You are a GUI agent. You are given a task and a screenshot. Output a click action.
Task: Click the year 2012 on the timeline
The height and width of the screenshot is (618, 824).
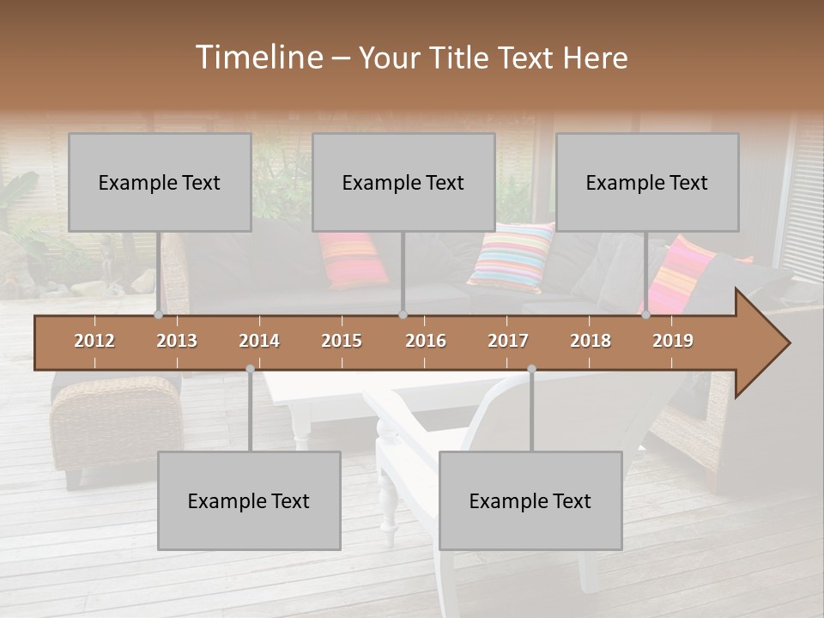pos(94,341)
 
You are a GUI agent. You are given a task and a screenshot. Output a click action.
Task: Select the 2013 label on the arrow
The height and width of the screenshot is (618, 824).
pos(177,341)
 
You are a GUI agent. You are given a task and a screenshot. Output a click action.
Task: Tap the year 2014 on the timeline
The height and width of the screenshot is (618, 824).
pos(259,341)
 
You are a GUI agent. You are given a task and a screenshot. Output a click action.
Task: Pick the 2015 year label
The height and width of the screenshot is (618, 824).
pos(342,341)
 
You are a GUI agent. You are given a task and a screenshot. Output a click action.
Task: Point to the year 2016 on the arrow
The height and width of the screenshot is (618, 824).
pos(426,341)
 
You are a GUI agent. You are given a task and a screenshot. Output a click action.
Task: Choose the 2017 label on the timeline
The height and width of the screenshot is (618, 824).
pos(508,341)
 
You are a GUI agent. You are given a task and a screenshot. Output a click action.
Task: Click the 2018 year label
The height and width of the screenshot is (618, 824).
pos(591,341)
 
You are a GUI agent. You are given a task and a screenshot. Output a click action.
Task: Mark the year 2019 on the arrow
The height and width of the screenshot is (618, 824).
pos(673,341)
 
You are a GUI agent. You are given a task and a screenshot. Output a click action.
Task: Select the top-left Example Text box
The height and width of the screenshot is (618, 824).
pos(160,182)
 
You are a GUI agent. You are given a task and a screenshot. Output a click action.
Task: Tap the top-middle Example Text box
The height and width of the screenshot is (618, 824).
pos(403,182)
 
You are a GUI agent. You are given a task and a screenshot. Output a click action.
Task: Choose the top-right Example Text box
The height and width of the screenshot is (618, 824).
pos(647,182)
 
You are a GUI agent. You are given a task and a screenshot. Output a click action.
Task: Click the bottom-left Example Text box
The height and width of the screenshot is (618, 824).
pos(249,500)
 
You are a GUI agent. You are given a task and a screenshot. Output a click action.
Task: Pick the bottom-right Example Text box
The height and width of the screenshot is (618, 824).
pos(530,500)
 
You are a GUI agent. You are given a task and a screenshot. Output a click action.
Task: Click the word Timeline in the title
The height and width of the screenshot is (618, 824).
pos(257,58)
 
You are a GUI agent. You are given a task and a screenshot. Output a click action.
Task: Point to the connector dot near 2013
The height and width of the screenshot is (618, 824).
pos(158,315)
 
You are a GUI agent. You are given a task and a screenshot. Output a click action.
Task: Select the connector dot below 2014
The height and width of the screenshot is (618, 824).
pos(250,369)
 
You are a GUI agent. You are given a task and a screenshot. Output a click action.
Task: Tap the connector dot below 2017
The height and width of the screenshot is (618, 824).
pos(531,369)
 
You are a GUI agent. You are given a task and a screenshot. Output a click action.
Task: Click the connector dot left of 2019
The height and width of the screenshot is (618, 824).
pos(646,315)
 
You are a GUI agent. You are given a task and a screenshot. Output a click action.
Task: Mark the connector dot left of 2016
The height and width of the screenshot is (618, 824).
pos(403,315)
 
